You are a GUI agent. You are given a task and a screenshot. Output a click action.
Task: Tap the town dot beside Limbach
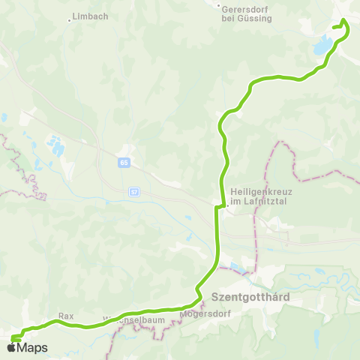click(x=70, y=19)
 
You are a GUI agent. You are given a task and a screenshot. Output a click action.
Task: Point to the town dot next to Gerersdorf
click(x=218, y=8)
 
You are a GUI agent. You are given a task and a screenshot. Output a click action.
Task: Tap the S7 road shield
click(x=134, y=191)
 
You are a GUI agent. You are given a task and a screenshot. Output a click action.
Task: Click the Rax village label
click(x=65, y=316)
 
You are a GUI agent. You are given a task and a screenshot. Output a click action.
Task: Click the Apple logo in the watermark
click(x=13, y=347)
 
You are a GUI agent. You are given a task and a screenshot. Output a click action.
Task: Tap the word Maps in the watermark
click(x=33, y=347)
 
